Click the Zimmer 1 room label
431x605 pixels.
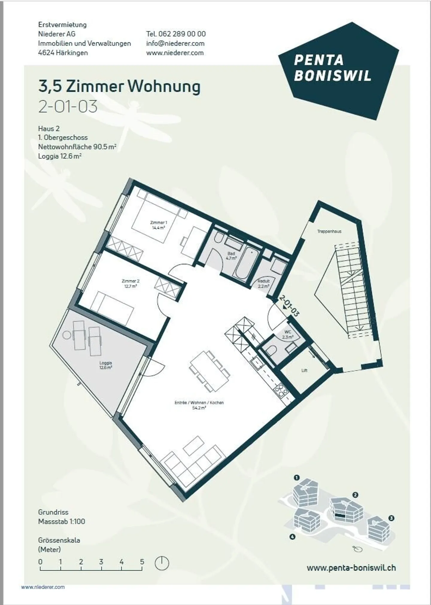coord(158,225)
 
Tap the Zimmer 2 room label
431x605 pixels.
coord(130,283)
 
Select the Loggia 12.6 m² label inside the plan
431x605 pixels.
coord(106,365)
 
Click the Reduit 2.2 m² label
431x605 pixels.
coord(264,283)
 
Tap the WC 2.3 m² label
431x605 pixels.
coord(287,334)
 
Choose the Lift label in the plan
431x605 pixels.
coord(304,370)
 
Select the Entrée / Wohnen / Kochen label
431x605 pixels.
coord(199,405)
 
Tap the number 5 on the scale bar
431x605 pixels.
coord(142,562)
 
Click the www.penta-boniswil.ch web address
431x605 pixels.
coord(351,568)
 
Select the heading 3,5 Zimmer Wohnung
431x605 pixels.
coord(119,86)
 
